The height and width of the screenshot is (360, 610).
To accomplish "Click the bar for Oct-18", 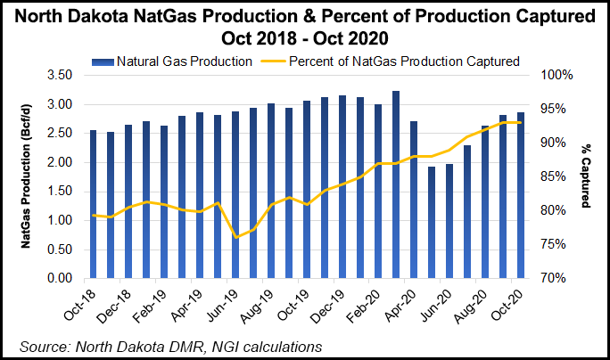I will pyautogui.click(x=94, y=204).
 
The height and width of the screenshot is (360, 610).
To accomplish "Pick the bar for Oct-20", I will pyautogui.click(x=519, y=195).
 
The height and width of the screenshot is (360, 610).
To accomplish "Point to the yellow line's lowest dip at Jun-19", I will pyautogui.click(x=236, y=237).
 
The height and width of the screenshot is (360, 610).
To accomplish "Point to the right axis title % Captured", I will pyautogui.click(x=585, y=177).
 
